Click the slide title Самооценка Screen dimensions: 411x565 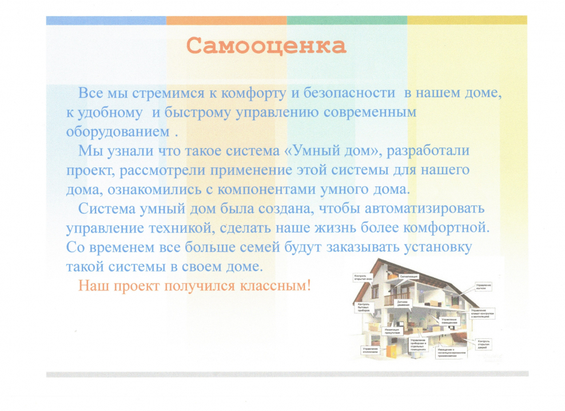(266, 45)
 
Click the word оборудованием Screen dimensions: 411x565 (117, 130)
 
